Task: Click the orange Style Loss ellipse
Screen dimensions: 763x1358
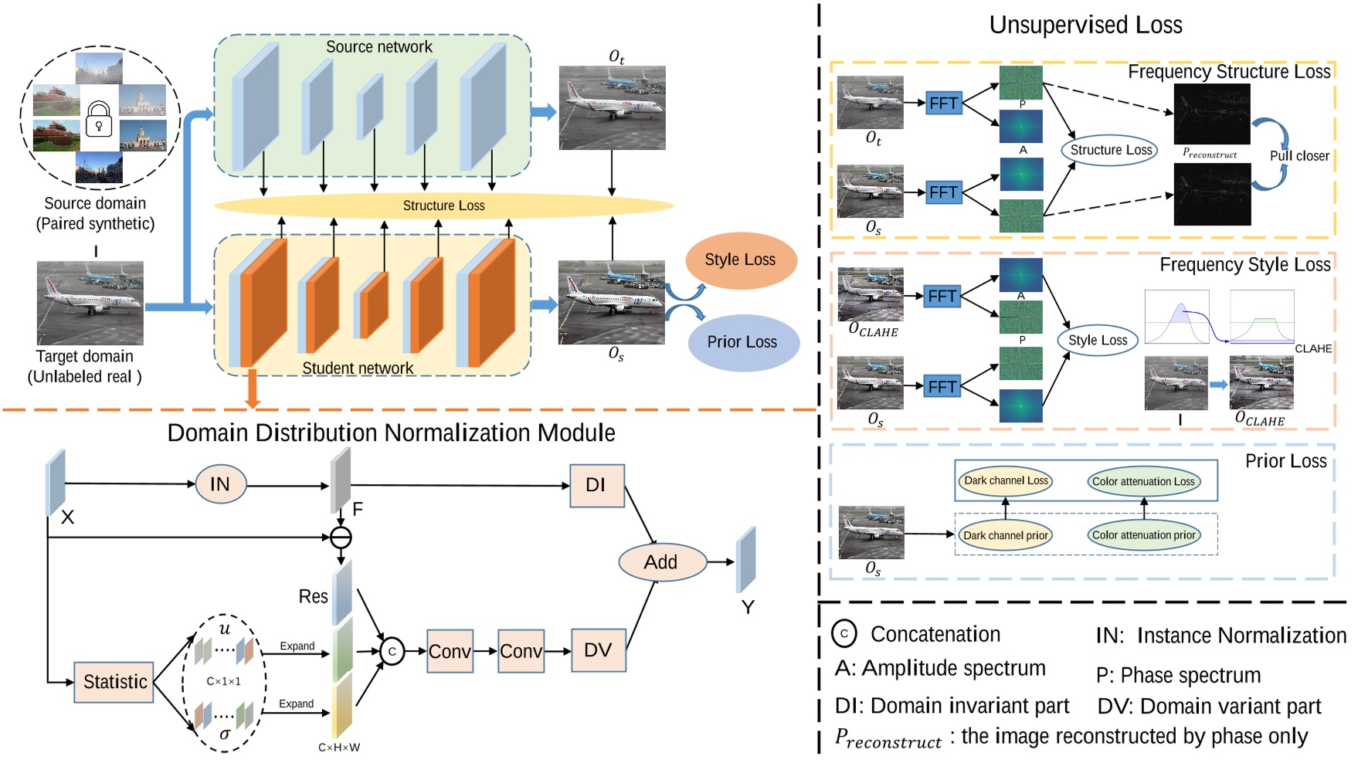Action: (x=740, y=260)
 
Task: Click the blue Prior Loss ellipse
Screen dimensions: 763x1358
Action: (x=742, y=342)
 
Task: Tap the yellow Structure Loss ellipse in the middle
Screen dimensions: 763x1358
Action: (x=443, y=205)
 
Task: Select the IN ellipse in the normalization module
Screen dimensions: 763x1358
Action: (x=220, y=484)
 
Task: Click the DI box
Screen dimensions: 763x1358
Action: (x=596, y=485)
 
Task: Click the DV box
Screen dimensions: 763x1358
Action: (x=598, y=650)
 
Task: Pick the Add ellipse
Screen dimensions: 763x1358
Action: (x=661, y=562)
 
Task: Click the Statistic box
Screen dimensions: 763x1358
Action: (x=114, y=682)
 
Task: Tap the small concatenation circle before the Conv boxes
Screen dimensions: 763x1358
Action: (x=392, y=651)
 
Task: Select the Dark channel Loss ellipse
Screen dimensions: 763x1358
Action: (x=1006, y=480)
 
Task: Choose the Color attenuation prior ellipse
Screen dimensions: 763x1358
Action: (x=1143, y=535)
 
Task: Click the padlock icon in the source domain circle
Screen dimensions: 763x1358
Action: (x=99, y=118)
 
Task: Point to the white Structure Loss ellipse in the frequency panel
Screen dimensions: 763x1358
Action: (x=1111, y=150)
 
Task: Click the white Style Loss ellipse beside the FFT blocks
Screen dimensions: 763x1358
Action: (x=1098, y=340)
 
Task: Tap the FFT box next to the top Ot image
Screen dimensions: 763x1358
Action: (x=943, y=103)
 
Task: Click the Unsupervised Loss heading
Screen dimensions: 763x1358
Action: (x=1085, y=25)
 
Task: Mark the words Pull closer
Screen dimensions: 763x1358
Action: (x=1299, y=156)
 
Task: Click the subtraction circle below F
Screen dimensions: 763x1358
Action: (x=341, y=537)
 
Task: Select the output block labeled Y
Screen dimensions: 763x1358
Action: (x=745, y=560)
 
